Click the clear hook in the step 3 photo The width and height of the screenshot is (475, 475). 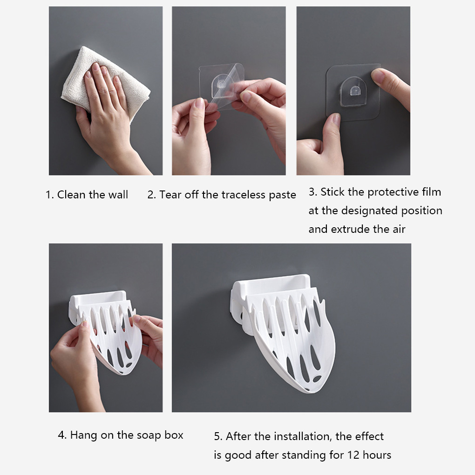tap(353, 91)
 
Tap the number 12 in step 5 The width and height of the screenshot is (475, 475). tap(353, 455)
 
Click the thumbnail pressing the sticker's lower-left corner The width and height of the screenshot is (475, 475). tap(336, 119)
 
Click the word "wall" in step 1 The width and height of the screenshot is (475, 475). tap(118, 195)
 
